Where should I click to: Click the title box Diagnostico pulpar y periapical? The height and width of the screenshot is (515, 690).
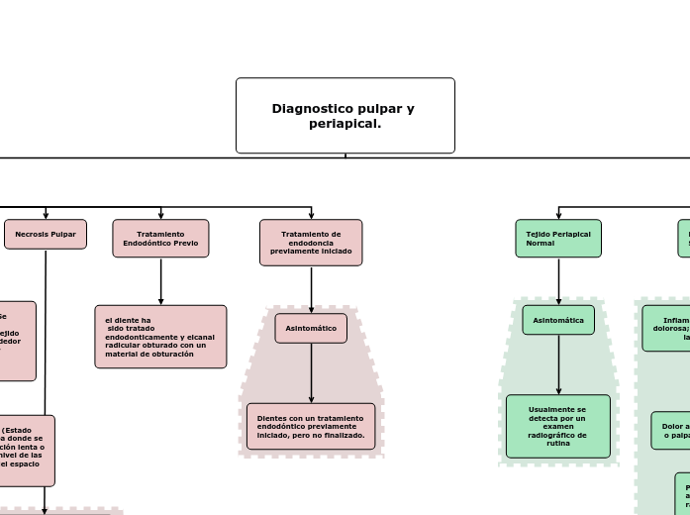[x=345, y=116]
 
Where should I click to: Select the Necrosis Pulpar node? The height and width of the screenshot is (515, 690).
[x=46, y=234]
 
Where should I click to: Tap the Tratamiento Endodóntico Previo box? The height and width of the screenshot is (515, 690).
[x=160, y=239]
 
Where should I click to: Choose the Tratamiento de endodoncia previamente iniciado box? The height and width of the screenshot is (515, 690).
[x=311, y=243]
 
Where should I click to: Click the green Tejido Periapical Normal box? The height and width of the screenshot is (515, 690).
[x=558, y=239]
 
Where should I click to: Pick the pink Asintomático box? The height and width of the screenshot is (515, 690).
[x=311, y=328]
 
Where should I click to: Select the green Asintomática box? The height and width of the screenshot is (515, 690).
[x=558, y=320]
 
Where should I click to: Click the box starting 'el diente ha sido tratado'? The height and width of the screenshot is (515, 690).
[x=160, y=337]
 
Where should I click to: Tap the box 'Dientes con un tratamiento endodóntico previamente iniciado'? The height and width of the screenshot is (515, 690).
[x=311, y=426]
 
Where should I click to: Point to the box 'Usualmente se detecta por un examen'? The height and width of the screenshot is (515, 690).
[x=558, y=426]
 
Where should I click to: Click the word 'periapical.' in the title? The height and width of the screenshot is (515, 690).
[x=345, y=124]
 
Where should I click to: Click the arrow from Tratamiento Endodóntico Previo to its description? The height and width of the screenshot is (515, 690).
[x=160, y=281]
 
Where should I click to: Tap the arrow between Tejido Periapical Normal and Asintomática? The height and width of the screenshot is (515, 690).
[x=558, y=281]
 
